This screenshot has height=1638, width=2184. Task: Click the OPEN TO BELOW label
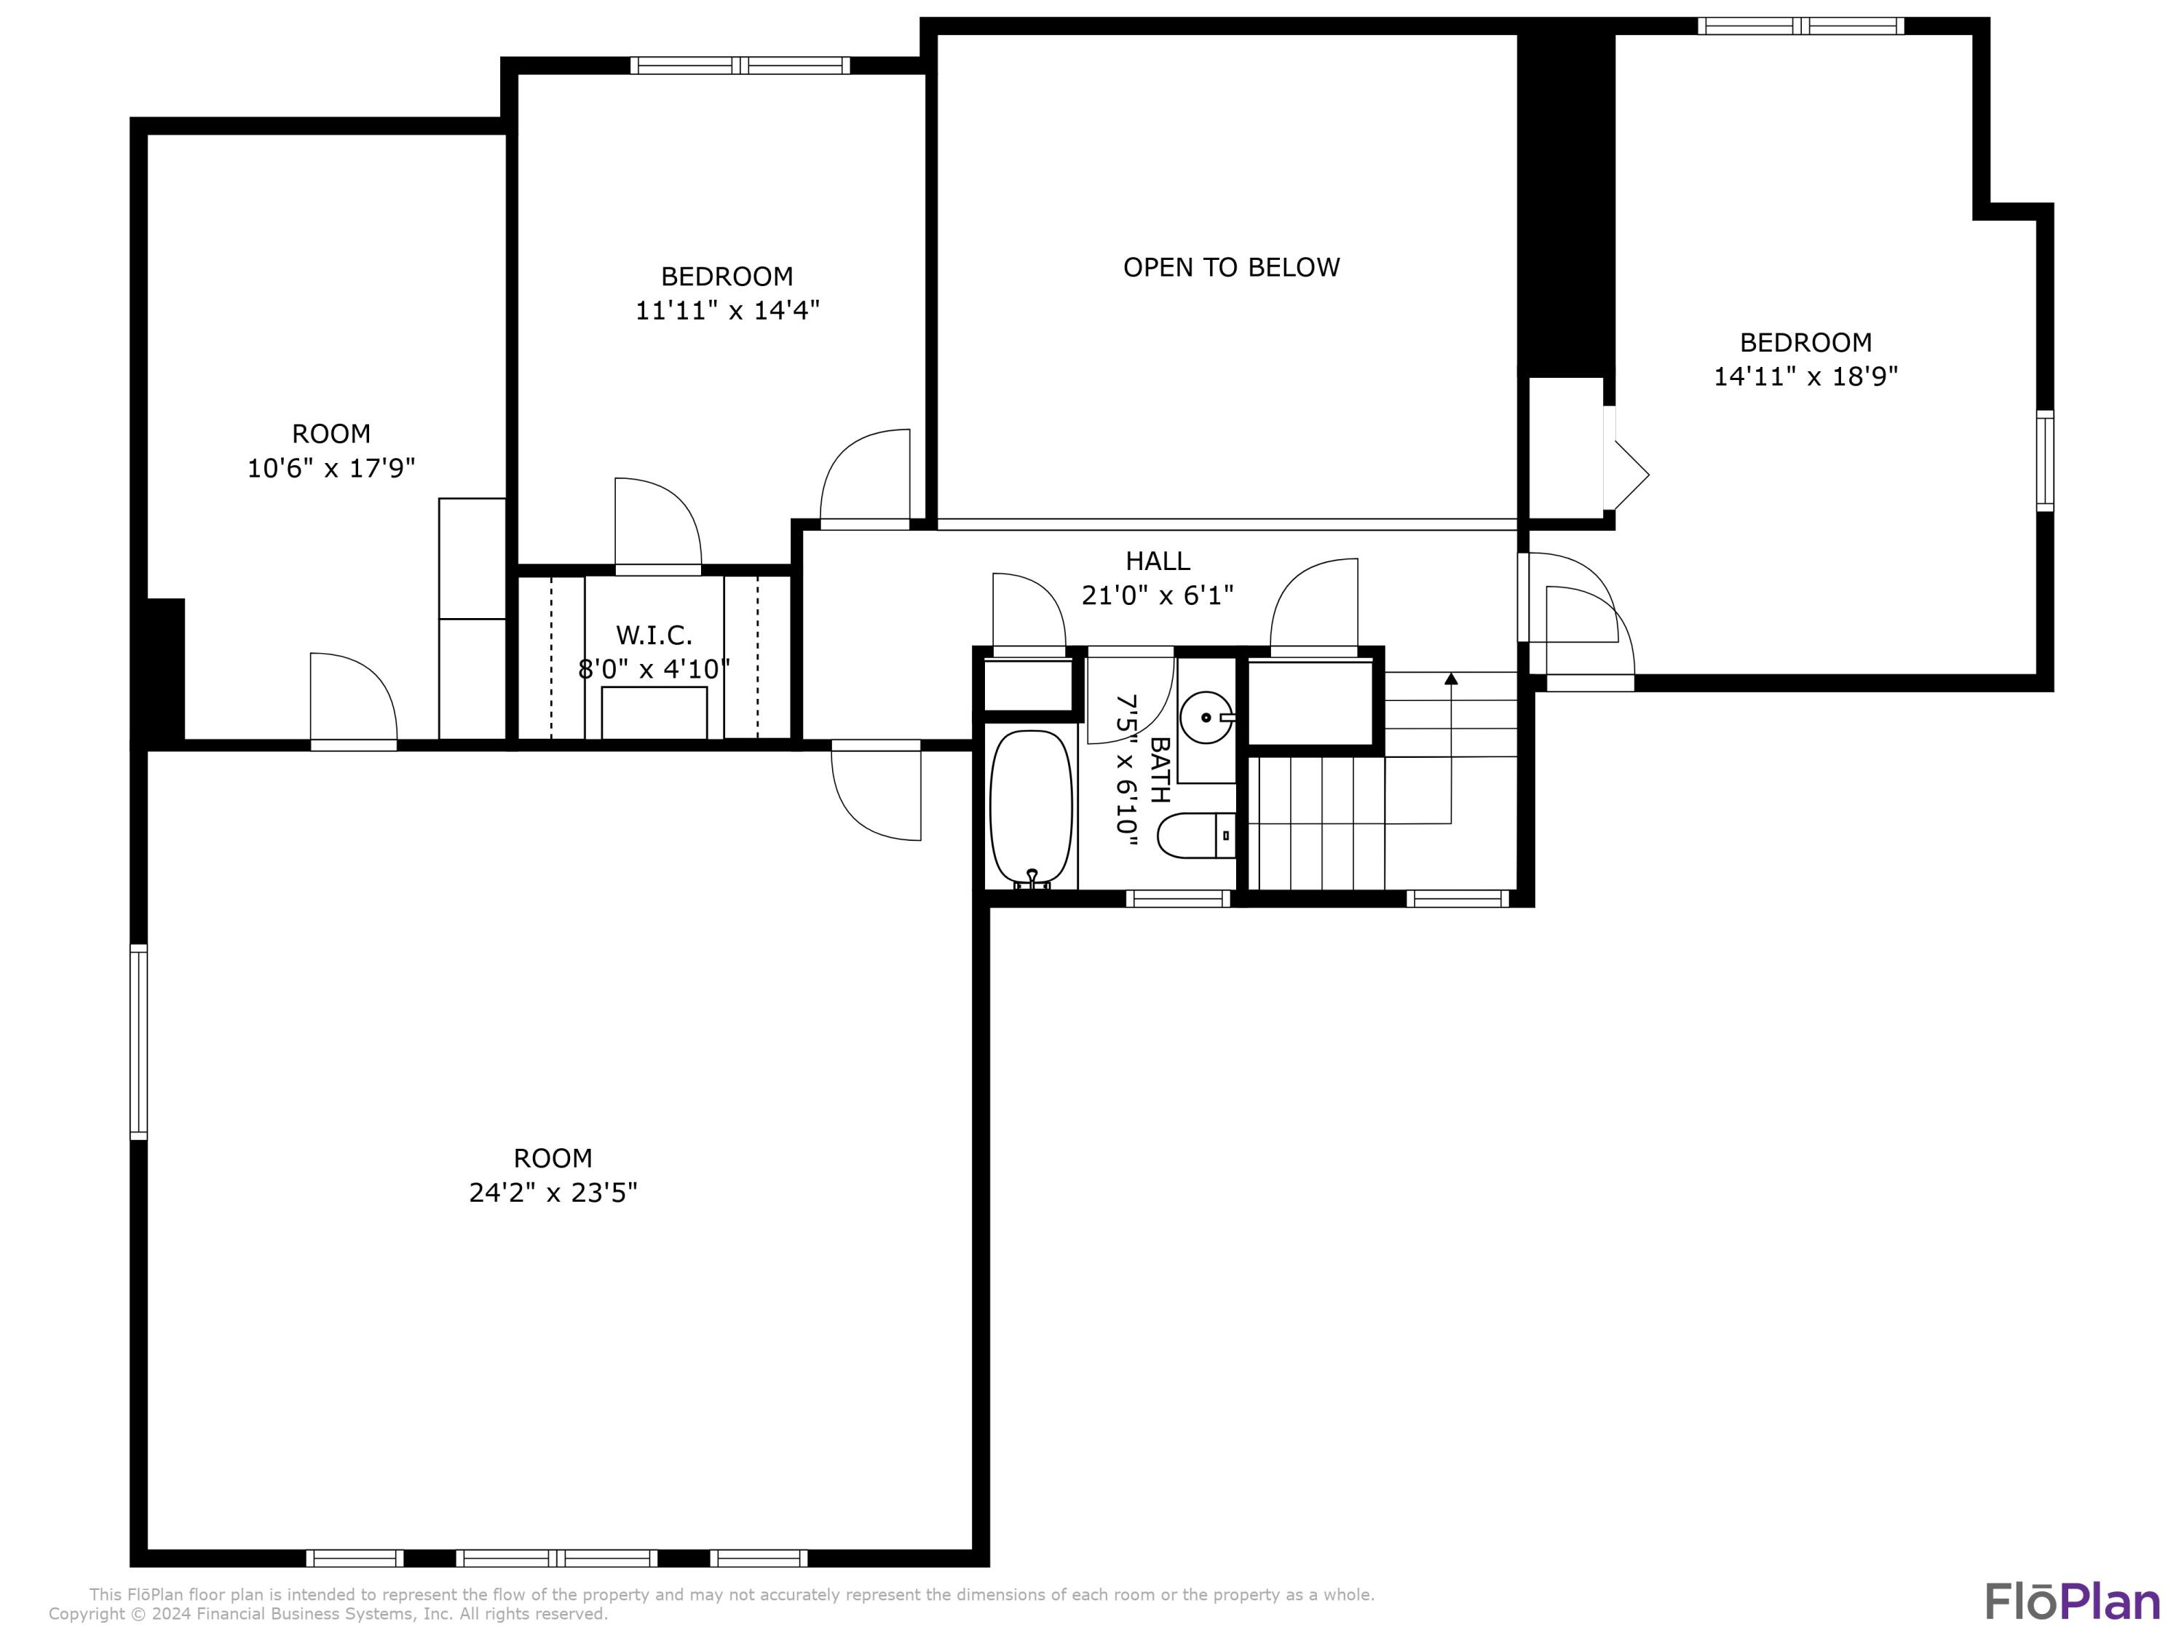tap(1231, 268)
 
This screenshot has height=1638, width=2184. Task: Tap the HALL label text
tap(1158, 561)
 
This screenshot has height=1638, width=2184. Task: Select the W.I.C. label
tap(654, 635)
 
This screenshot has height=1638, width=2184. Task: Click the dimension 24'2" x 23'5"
tap(553, 1192)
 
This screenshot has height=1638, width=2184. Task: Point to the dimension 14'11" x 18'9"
tap(1805, 376)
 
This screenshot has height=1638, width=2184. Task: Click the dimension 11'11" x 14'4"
tap(727, 310)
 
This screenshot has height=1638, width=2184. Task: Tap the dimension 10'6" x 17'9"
tap(331, 467)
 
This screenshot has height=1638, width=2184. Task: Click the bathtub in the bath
tap(1031, 807)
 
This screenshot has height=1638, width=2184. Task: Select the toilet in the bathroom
tap(1195, 835)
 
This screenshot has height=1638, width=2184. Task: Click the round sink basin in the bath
tap(1206, 717)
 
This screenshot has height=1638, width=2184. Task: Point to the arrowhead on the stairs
tap(1450, 678)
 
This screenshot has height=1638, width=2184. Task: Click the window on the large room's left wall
tap(139, 1042)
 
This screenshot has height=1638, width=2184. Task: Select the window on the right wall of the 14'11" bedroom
tap(2045, 460)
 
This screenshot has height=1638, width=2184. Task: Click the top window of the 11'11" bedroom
tap(740, 66)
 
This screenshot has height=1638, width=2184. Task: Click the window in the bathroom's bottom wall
tap(1178, 898)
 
